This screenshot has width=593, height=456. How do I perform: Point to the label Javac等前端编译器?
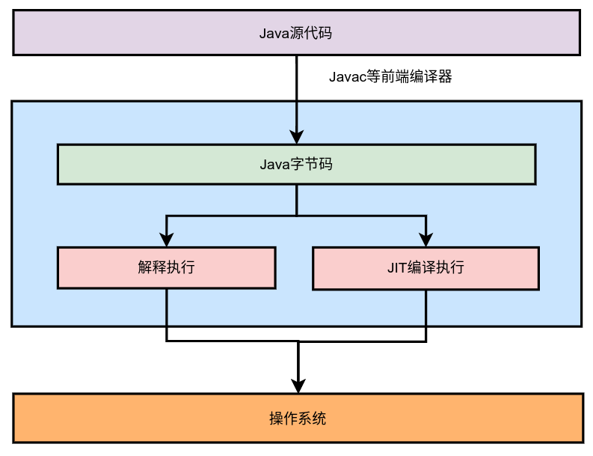390,76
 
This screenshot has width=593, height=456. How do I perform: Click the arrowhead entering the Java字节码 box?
297,136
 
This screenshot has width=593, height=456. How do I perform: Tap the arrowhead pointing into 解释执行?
167,240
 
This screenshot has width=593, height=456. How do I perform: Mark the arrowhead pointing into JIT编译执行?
426,240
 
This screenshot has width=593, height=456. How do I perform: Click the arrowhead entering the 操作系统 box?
298,386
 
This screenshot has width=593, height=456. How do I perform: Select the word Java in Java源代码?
274,33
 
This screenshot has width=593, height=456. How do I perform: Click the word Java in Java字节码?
274,164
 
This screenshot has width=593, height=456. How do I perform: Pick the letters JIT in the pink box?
396,268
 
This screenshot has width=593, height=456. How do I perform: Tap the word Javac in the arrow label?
347,76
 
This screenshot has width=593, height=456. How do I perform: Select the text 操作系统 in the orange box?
298,418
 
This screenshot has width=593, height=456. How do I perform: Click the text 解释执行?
167,268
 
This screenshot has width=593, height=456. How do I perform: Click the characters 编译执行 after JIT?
436,268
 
